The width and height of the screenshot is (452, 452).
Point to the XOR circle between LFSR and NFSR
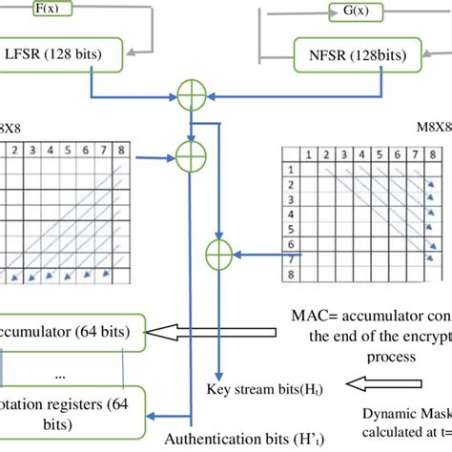click(194, 96)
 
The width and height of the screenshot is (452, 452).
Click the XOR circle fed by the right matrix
click(218, 253)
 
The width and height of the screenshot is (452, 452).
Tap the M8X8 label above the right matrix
click(435, 129)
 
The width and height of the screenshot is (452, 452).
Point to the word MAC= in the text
click(316, 316)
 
